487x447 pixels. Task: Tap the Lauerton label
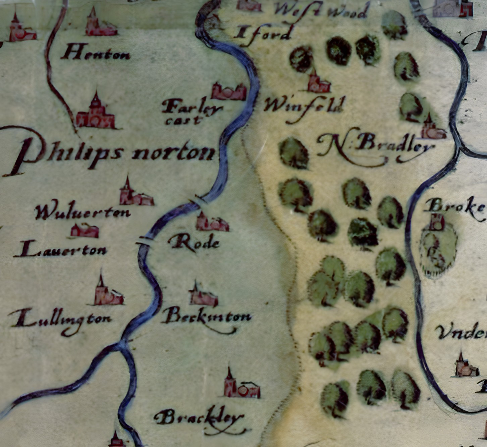[60, 250]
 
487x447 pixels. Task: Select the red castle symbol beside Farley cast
[229, 91]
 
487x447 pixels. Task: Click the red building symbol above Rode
[211, 222]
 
